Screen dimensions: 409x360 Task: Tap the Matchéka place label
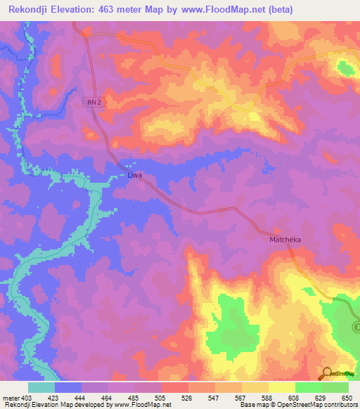tap(285, 240)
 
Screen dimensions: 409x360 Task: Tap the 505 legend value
tap(161, 398)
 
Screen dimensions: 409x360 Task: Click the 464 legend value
tap(107, 398)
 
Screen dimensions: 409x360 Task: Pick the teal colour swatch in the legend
tap(41, 387)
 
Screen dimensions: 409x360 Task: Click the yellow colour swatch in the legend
tap(282, 387)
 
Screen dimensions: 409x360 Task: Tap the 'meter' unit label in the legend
tap(10, 398)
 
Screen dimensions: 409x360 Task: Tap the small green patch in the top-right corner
tap(345, 67)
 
